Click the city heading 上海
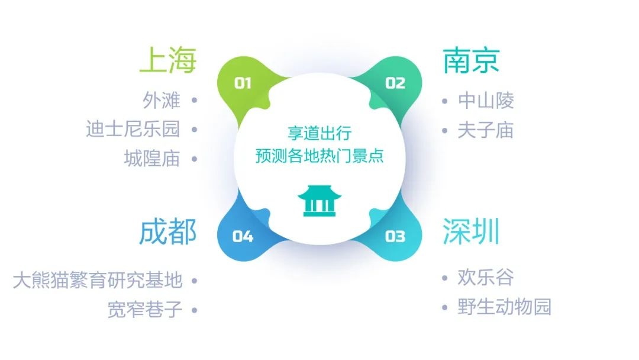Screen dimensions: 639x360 (168, 60)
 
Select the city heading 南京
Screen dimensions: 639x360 (471, 60)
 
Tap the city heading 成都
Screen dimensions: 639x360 (168, 232)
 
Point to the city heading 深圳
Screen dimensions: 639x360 (471, 231)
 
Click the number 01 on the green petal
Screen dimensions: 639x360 (243, 83)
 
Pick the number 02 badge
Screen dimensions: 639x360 (395, 83)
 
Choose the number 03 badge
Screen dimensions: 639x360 (395, 236)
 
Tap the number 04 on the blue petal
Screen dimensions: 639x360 (243, 236)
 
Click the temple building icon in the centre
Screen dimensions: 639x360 (319, 201)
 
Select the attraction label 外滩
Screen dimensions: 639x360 (162, 100)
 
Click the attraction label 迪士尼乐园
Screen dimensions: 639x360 (133, 129)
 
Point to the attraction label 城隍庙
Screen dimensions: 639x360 (152, 159)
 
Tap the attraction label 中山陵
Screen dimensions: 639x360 (486, 100)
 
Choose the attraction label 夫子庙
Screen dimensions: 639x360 (485, 130)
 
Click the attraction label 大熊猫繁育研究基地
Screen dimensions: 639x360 (98, 280)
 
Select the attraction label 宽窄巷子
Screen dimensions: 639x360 (145, 310)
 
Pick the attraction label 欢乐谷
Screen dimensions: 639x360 (485, 277)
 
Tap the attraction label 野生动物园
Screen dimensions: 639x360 (505, 307)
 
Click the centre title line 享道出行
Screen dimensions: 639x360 (319, 133)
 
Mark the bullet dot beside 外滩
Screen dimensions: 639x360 (195, 100)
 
